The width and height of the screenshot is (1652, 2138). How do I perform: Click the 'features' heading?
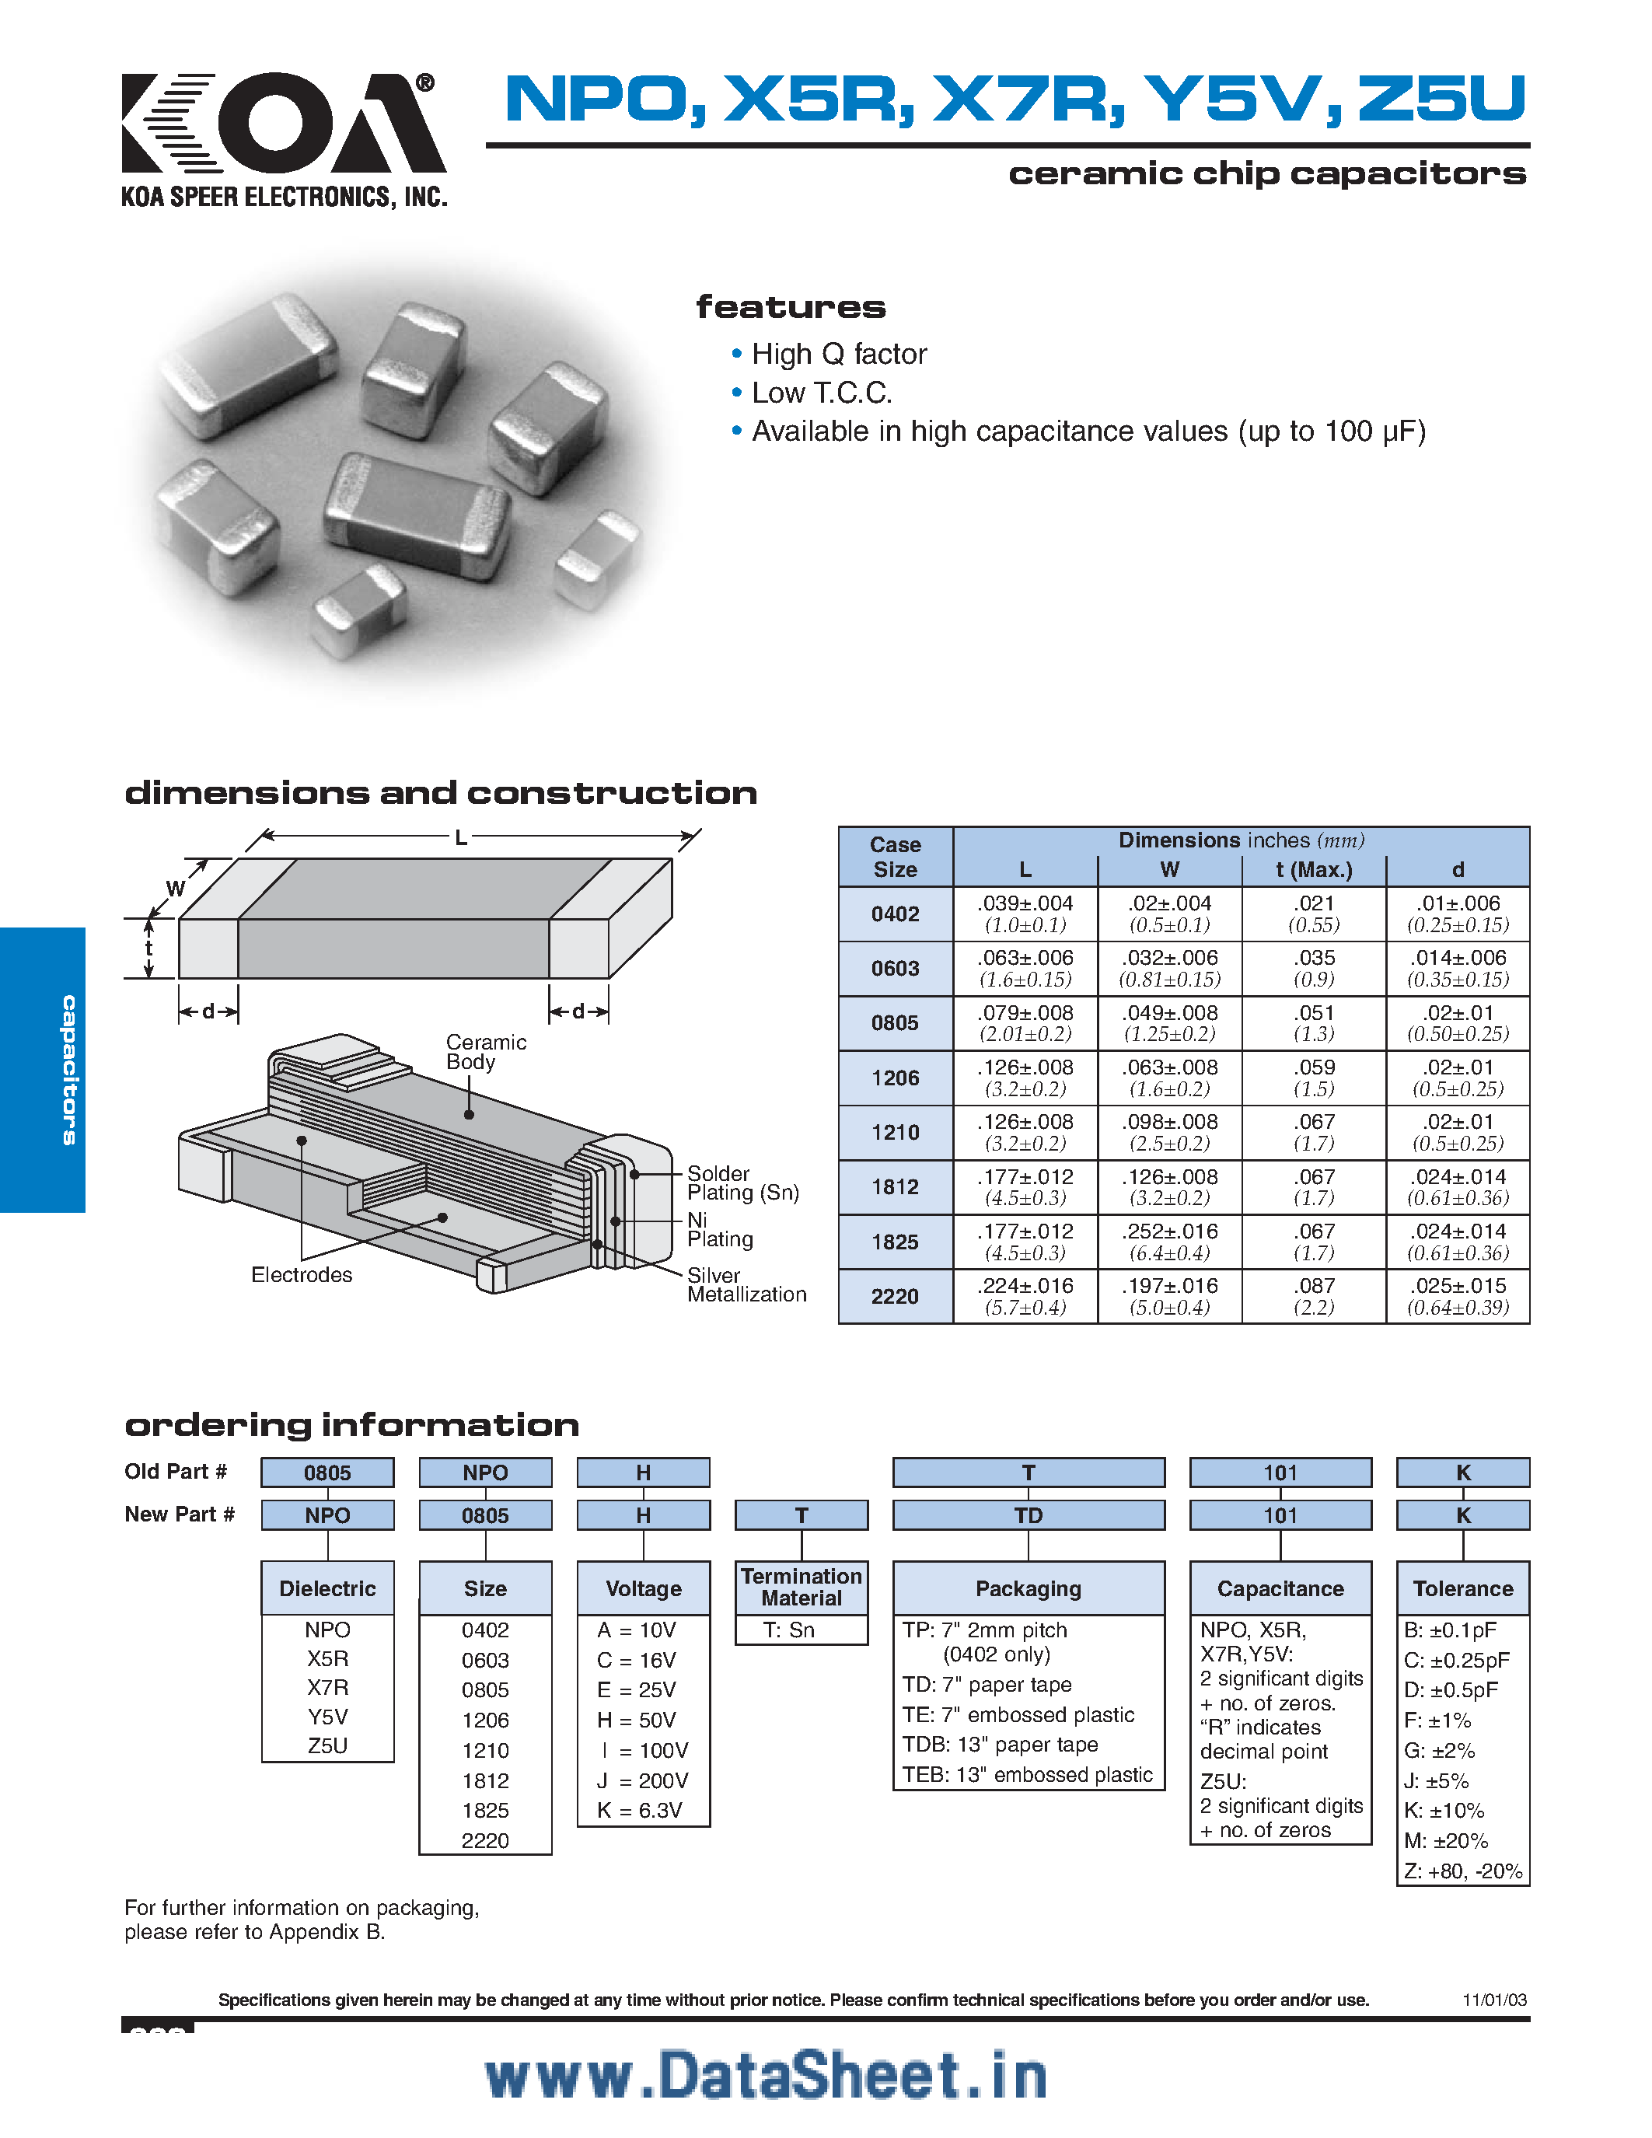click(x=790, y=307)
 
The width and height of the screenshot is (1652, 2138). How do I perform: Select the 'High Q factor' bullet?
click(x=838, y=355)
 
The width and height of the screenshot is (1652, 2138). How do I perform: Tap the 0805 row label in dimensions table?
click(x=895, y=1023)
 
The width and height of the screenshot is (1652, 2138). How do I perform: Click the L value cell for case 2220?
click(x=1025, y=1296)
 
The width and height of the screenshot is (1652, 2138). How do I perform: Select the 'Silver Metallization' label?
click(x=746, y=1284)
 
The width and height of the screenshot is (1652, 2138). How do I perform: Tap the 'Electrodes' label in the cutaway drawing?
click(x=302, y=1274)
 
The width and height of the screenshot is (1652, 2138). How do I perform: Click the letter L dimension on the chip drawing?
click(x=460, y=838)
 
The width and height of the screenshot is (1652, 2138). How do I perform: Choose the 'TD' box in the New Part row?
click(x=1028, y=1515)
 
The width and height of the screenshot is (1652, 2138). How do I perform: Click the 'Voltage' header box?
click(x=643, y=1589)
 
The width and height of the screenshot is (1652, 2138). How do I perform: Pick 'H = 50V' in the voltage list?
click(x=637, y=1720)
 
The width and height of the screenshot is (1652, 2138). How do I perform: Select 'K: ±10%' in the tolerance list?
click(x=1444, y=1810)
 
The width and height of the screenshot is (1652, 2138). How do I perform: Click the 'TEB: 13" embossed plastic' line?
click(x=1027, y=1775)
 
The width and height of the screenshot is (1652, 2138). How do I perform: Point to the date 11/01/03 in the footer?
click(x=1493, y=2000)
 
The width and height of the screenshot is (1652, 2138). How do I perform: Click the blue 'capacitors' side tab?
click(x=43, y=1069)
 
